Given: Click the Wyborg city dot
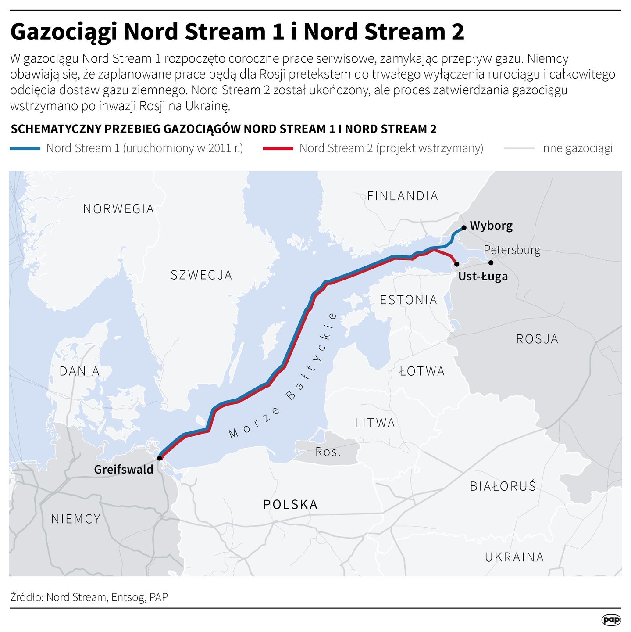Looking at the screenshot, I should coord(463,228).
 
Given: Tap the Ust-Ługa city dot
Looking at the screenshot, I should coord(457,264).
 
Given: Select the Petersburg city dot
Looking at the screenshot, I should coord(491,262).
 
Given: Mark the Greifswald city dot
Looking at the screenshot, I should coord(160,458).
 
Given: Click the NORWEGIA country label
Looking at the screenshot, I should coord(118,209).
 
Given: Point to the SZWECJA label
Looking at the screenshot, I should coord(201,275).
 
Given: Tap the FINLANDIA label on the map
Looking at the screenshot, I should coord(403,196).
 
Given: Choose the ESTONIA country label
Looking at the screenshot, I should coord(408,300).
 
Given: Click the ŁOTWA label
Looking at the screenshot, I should coord(422,371).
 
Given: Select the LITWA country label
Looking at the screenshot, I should coord(375,423).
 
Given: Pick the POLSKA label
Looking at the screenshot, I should coord(290,504).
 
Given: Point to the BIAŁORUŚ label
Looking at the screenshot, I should coord(503,486).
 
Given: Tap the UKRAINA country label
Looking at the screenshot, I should coord(514,557).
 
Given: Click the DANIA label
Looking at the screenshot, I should coord(79,371).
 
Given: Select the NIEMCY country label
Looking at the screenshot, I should coord(76,519).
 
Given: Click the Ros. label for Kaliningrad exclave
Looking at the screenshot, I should coord(328,452).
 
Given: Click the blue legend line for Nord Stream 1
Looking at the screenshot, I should coord(25,149).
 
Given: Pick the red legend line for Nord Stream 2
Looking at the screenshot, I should coord(278,149).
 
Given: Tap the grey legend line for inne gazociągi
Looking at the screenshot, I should coord(519,149).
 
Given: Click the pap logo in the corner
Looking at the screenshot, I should coord(611,619).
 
